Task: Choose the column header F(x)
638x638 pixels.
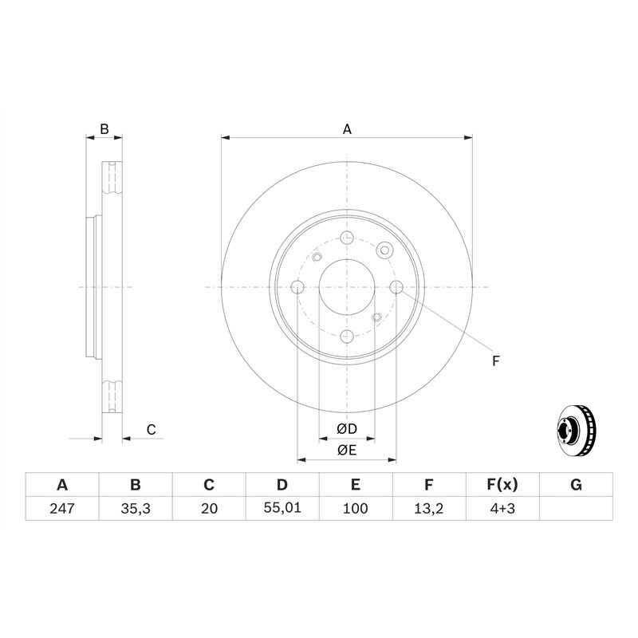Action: (502, 485)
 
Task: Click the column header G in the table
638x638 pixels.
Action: (576, 485)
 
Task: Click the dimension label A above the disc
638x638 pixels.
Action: (347, 128)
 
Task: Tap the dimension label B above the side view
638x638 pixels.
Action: (104, 128)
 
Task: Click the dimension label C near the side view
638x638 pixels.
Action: (151, 430)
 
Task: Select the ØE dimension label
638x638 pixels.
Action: (346, 451)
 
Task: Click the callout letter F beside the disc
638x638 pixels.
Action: (495, 361)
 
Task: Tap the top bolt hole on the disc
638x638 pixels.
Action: (347, 238)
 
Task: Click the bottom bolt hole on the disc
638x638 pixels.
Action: (347, 337)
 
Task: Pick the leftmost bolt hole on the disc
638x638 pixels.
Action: (297, 287)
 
